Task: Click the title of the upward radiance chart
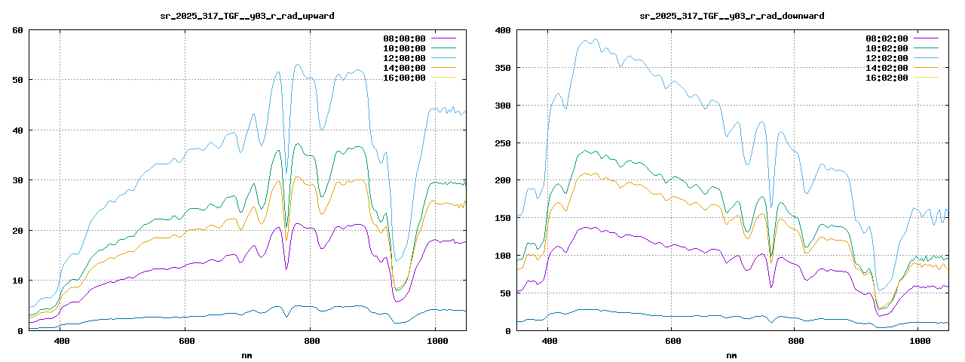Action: tap(248, 15)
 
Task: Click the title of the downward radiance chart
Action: tap(731, 15)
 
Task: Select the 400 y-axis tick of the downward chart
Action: tap(502, 30)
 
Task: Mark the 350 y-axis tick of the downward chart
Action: tap(502, 68)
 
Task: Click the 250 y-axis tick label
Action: tap(502, 143)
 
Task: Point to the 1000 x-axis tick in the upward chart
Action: tap(435, 341)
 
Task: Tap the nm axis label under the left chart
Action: tap(247, 354)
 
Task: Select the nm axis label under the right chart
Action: tap(731, 354)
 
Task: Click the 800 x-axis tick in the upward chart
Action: tap(310, 341)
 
